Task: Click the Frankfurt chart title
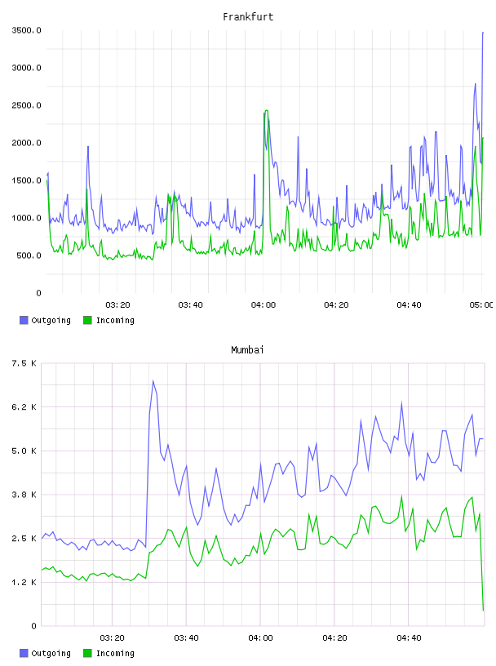tap(248, 17)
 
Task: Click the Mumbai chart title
tap(247, 350)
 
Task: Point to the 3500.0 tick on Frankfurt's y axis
tap(26, 30)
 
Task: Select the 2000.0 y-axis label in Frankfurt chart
tap(26, 143)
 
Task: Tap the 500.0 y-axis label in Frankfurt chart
tap(29, 255)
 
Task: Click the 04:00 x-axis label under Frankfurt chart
tap(263, 304)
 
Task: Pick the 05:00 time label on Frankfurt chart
tap(481, 304)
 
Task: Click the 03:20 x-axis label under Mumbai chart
tap(112, 637)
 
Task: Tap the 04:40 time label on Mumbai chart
tap(409, 637)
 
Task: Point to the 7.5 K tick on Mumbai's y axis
tap(24, 363)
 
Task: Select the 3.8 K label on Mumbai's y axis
tap(24, 495)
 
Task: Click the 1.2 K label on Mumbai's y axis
tap(24, 582)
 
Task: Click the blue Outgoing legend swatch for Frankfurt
tap(24, 320)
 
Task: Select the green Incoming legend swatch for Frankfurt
tap(87, 320)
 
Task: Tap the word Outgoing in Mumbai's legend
tap(51, 653)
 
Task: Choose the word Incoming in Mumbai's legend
tap(115, 653)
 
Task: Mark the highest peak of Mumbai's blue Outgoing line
tap(153, 380)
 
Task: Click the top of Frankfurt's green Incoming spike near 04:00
tap(266, 110)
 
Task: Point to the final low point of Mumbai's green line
tap(483, 610)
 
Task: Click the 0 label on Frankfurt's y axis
tap(38, 293)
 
